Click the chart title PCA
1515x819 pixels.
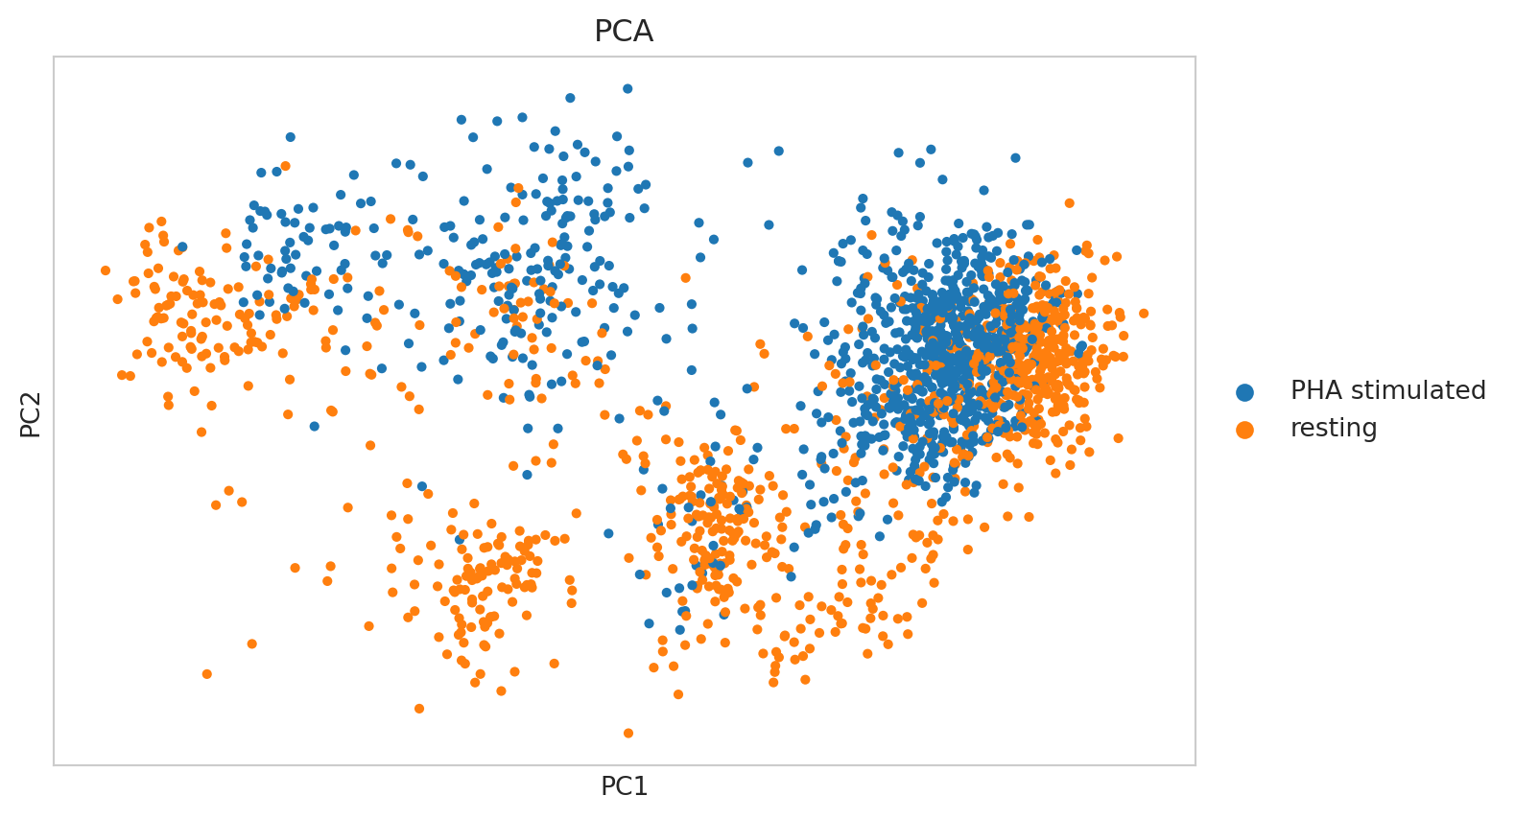(x=624, y=32)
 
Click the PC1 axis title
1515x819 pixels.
(x=624, y=787)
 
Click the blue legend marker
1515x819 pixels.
(x=1244, y=391)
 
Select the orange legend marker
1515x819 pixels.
(x=1244, y=429)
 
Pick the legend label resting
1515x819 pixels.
(x=1333, y=429)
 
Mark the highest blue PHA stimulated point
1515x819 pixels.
(x=627, y=88)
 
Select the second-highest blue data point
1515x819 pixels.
(x=570, y=98)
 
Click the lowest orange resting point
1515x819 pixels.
(x=628, y=733)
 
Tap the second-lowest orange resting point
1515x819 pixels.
(x=418, y=709)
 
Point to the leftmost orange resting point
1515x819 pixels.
(x=106, y=270)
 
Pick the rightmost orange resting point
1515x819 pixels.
(x=1143, y=314)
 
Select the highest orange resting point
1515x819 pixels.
(x=285, y=166)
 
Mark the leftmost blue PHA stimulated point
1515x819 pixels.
(x=181, y=247)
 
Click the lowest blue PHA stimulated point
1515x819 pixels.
(x=679, y=630)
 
